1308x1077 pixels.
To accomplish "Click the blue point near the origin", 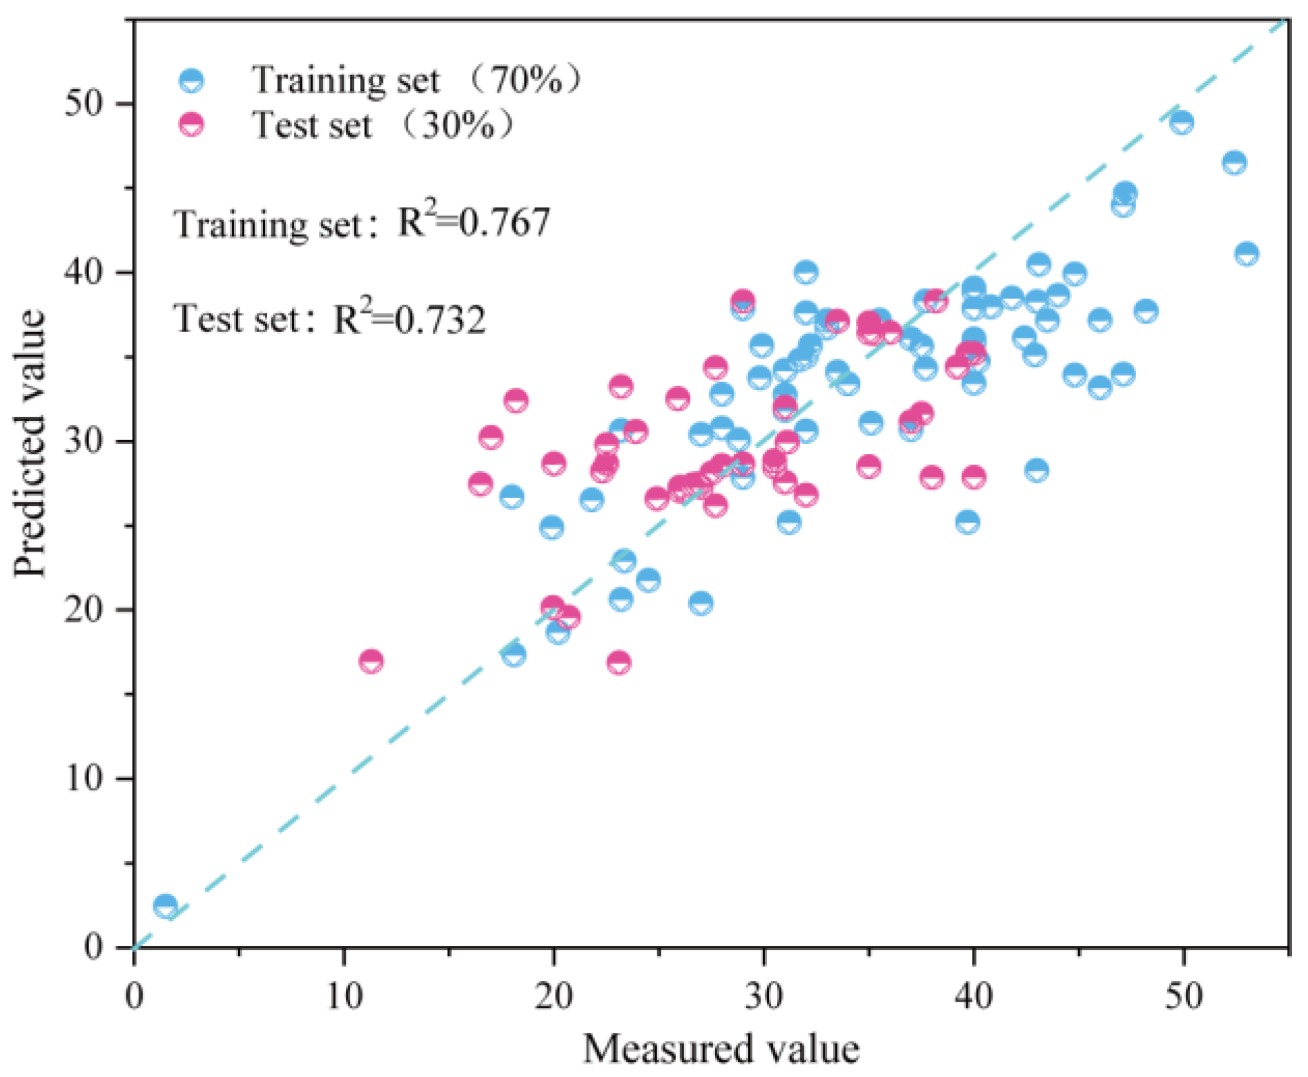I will point(165,905).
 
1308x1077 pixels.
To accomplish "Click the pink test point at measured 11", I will point(371,661).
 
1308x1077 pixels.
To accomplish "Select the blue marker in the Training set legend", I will point(191,80).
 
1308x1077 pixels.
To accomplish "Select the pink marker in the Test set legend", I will point(191,125).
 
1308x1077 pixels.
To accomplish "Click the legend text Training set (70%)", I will point(414,80).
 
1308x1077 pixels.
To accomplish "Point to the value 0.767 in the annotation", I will point(504,222).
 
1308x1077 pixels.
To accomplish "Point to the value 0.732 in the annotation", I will point(440,319).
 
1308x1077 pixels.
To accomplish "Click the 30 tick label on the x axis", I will point(763,996).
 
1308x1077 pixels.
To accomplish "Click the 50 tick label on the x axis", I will point(1183,996).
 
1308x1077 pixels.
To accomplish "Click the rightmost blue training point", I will point(1246,253).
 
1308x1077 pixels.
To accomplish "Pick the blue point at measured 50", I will point(1182,122).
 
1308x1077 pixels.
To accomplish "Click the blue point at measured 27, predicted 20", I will point(701,603).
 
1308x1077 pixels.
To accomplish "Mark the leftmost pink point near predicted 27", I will point(480,484).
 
